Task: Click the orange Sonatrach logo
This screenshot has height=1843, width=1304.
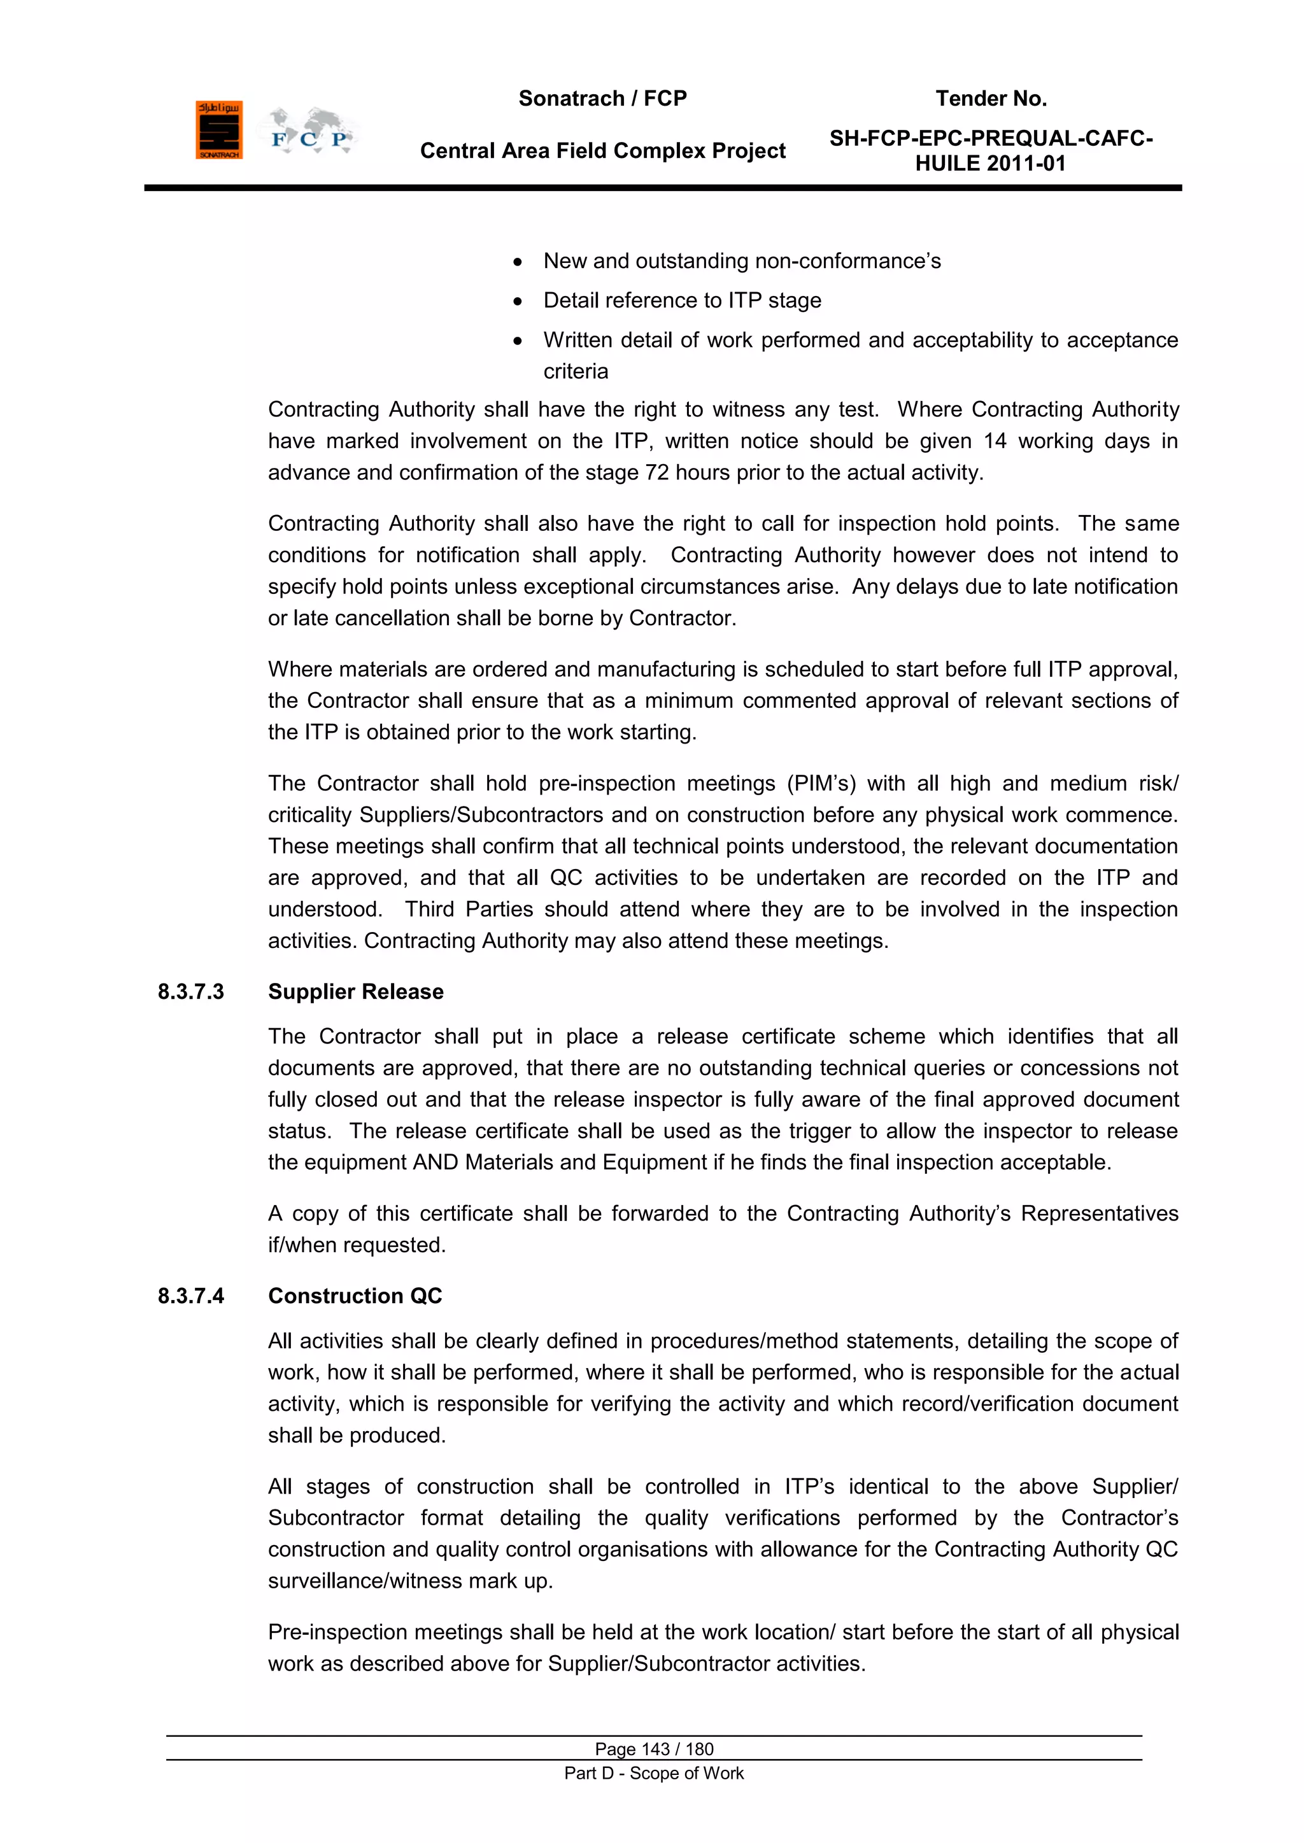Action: (218, 130)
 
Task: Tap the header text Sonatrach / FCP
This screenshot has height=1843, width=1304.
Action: (602, 99)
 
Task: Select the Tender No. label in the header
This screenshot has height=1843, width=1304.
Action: (991, 99)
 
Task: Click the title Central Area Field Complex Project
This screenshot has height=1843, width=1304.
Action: (602, 151)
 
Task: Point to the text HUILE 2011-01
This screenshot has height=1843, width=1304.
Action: (990, 164)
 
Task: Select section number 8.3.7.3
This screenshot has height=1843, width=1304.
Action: (191, 992)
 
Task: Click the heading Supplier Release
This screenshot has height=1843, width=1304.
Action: (356, 992)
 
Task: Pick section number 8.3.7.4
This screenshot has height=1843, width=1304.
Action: (191, 1296)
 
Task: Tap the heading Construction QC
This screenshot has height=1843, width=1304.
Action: (355, 1296)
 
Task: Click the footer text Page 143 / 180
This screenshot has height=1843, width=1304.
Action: (654, 1749)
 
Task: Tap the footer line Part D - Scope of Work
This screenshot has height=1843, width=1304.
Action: (654, 1773)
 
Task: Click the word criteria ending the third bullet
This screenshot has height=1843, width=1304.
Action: (576, 372)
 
